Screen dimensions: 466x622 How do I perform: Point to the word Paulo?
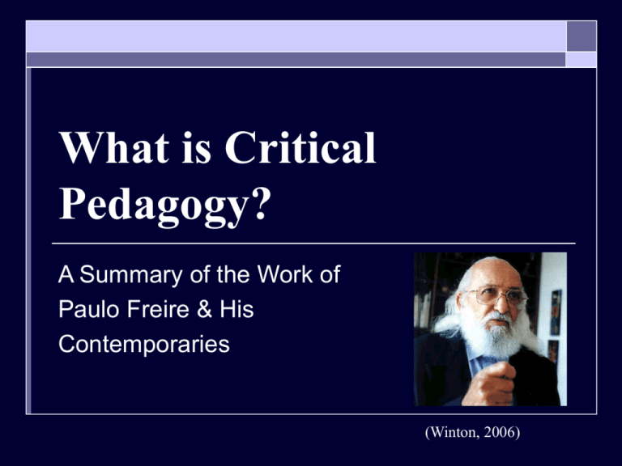(x=87, y=311)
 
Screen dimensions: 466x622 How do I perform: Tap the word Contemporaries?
(x=144, y=345)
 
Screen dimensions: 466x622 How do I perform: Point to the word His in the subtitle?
(x=235, y=311)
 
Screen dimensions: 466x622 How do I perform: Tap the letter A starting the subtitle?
(x=66, y=276)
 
